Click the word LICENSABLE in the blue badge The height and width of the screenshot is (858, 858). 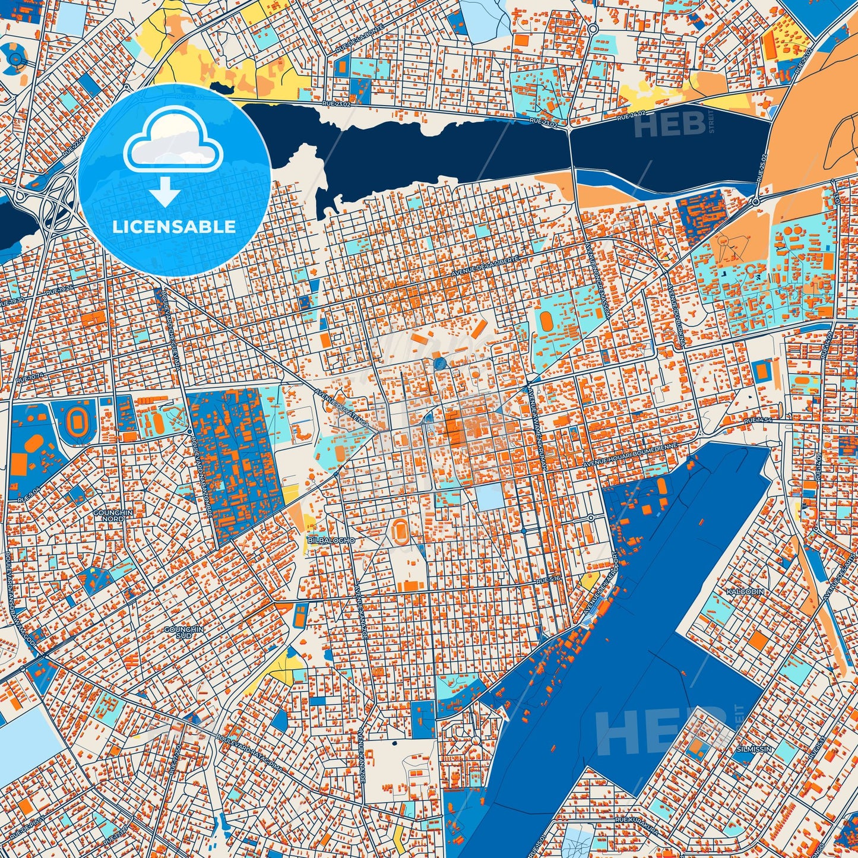(x=175, y=227)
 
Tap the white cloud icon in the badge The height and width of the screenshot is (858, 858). (x=173, y=141)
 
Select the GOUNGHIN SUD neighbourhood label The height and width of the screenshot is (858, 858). (x=183, y=632)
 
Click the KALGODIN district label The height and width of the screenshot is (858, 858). (x=745, y=592)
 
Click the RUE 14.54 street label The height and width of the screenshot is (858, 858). (x=758, y=420)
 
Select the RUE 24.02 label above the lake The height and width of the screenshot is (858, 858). (x=631, y=115)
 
